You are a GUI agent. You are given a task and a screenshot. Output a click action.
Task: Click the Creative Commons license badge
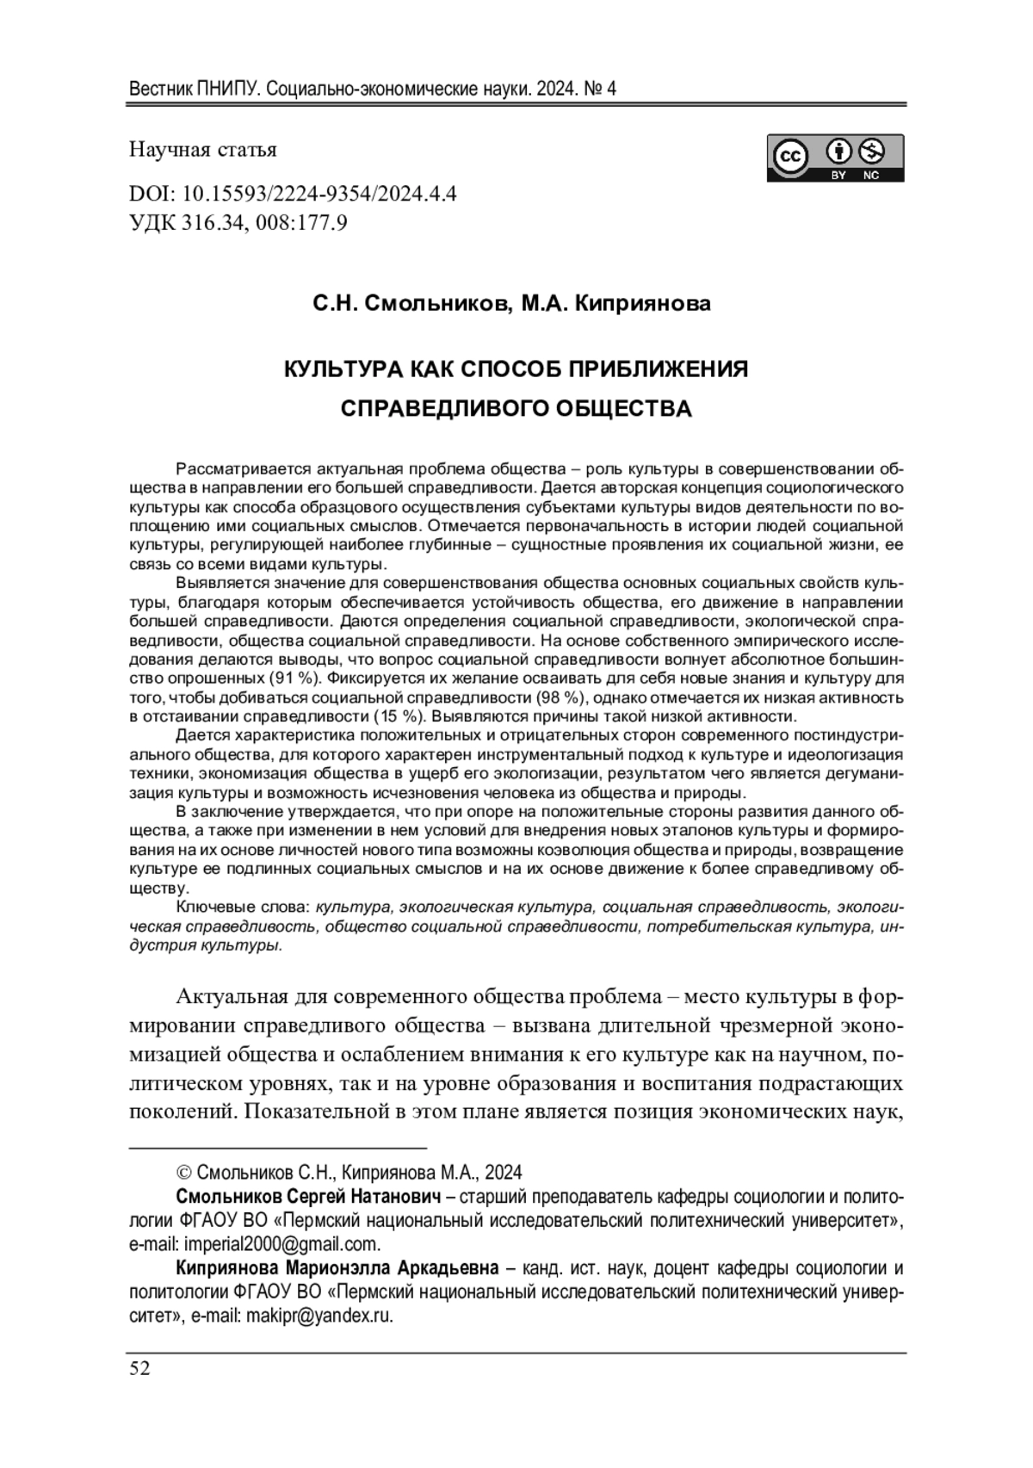[835, 158]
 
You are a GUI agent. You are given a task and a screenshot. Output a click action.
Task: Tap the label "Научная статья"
[203, 150]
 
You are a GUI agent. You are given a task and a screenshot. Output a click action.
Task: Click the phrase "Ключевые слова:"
[244, 907]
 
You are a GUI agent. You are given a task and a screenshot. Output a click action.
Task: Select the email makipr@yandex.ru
[319, 1316]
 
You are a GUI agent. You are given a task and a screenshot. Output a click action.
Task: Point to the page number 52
[139, 1369]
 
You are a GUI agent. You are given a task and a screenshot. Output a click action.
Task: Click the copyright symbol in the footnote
[183, 1173]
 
